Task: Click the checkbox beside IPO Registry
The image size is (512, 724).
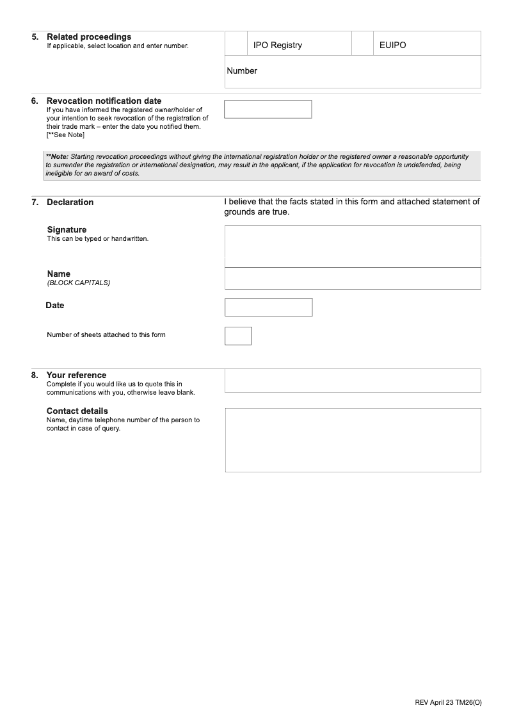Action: (236, 44)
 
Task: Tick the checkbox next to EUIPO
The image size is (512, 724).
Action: (362, 44)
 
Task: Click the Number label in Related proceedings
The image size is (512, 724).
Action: (242, 71)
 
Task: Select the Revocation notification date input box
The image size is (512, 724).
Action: (268, 109)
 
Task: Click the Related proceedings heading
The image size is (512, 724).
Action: (88, 37)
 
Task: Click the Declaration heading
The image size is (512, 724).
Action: (70, 202)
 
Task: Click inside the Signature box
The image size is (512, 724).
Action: (352, 246)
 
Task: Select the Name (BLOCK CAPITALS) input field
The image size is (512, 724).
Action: (352, 278)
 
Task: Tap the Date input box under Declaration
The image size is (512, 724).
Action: (268, 307)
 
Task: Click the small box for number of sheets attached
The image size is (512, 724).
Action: (237, 336)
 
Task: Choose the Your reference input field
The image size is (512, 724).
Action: (352, 380)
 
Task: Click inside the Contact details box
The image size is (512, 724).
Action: (352, 440)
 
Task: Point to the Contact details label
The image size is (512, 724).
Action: (77, 411)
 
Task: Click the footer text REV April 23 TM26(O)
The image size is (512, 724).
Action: (448, 703)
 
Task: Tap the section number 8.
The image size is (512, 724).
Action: (35, 375)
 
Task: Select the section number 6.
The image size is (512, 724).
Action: (35, 101)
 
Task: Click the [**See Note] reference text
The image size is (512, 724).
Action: (65, 135)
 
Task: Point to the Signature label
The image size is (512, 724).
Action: (67, 230)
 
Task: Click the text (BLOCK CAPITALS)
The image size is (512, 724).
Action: (79, 283)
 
